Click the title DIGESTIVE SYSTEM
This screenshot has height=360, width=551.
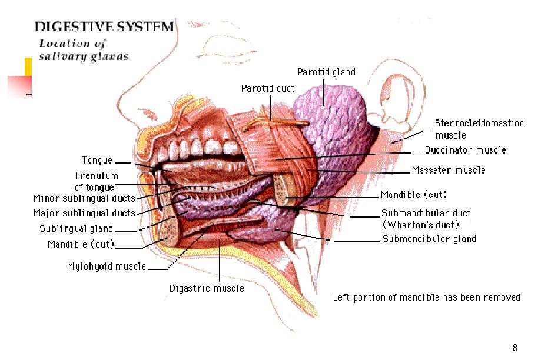(105, 26)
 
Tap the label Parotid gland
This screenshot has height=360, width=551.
(326, 72)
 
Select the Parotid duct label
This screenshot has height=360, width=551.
(268, 88)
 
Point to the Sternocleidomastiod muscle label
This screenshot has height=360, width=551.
(479, 129)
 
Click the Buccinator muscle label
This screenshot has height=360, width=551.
(465, 150)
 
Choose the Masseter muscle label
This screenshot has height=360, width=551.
(449, 171)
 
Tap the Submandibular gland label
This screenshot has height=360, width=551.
(429, 239)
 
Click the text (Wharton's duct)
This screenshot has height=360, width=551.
(420, 225)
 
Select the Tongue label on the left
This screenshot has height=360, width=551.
(97, 160)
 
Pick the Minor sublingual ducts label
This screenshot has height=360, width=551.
(84, 199)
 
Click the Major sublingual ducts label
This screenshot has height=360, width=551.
(84, 213)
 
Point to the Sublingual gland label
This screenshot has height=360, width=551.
(77, 229)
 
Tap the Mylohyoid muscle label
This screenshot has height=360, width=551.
(107, 266)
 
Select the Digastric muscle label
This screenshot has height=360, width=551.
(207, 288)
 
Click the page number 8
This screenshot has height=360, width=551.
(515, 347)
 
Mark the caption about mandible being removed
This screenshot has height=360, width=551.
(426, 298)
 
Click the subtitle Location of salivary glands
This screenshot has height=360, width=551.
(84, 50)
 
